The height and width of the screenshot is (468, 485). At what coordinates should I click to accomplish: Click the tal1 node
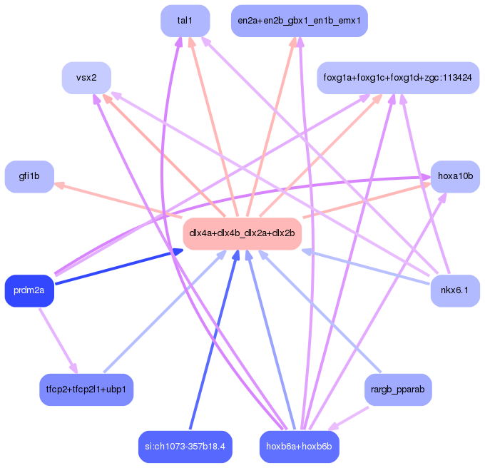(185, 21)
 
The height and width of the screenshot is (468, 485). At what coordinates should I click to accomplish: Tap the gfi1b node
(29, 176)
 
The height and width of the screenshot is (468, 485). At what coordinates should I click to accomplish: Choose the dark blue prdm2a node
(29, 290)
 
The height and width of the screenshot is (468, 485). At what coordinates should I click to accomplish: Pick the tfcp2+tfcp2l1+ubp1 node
(86, 390)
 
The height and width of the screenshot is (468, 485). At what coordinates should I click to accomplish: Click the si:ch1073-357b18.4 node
(185, 447)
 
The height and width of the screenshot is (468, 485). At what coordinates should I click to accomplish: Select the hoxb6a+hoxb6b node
(299, 447)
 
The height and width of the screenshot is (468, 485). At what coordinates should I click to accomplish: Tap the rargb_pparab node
(398, 390)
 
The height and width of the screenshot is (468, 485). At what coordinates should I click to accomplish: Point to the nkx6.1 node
(455, 290)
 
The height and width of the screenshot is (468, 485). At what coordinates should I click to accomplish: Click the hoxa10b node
(455, 176)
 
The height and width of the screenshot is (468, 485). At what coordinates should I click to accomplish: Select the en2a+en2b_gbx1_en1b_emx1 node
(300, 21)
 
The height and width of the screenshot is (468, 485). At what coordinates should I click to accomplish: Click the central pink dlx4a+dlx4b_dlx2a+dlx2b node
(242, 233)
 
